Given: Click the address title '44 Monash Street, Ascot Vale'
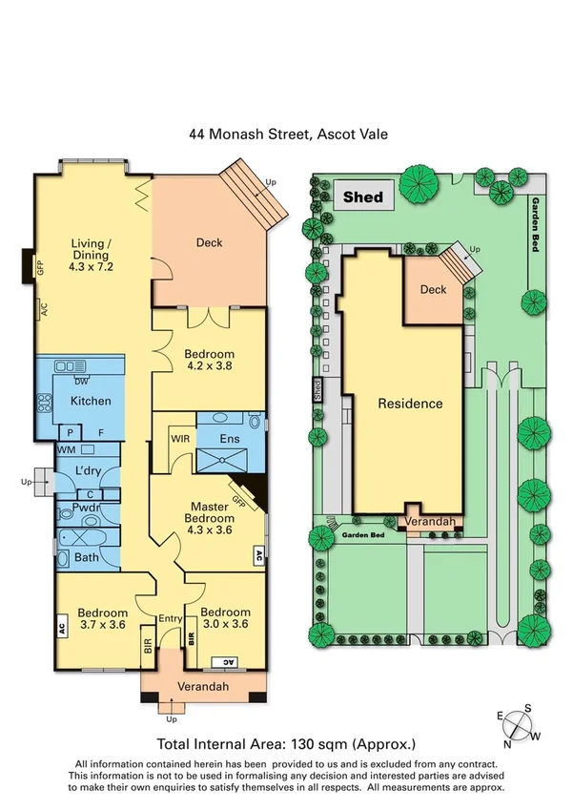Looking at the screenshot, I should [286, 136].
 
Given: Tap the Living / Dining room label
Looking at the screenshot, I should [91, 255].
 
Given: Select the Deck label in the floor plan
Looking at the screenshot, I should [209, 242].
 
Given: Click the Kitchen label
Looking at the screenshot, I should [90, 402].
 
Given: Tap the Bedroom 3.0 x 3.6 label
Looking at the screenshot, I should [226, 618].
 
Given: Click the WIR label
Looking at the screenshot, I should [181, 439].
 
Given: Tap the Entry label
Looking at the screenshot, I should [171, 619].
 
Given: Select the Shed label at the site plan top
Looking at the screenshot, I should [363, 197].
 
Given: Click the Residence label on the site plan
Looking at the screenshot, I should [410, 404].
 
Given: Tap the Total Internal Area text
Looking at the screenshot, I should [285, 743].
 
